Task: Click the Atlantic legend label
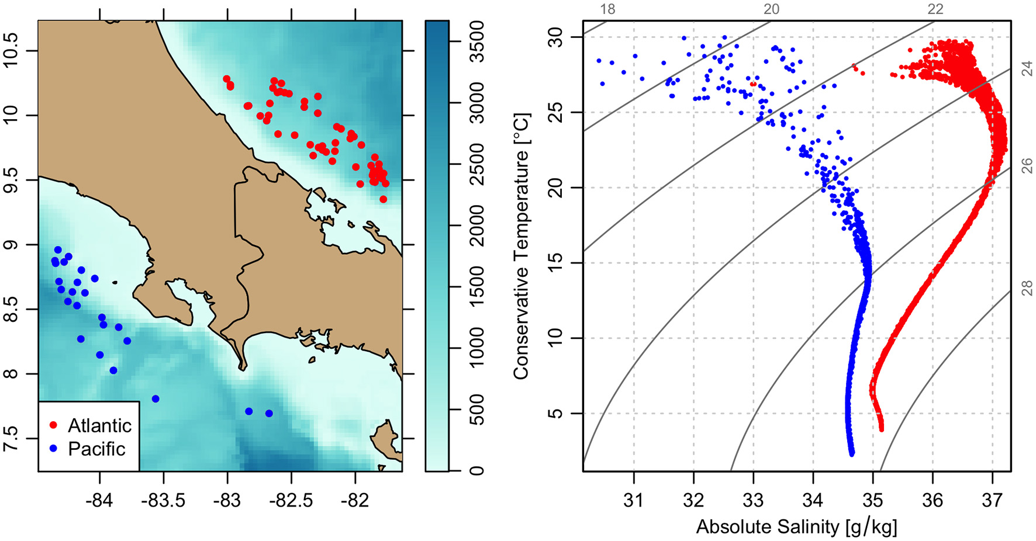pyautogui.click(x=99, y=425)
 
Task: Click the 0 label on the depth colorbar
pyautogui.click(x=477, y=470)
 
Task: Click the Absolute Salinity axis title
pyautogui.click(x=796, y=527)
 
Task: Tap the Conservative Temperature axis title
pyautogui.click(x=520, y=246)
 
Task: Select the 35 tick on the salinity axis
pyautogui.click(x=873, y=501)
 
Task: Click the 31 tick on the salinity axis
pyautogui.click(x=634, y=501)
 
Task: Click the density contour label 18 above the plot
pyautogui.click(x=607, y=9)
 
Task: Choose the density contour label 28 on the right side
pyautogui.click(x=1027, y=287)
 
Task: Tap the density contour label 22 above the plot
pyautogui.click(x=935, y=9)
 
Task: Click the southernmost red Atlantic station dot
pyautogui.click(x=384, y=199)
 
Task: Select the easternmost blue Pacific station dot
pyautogui.click(x=269, y=413)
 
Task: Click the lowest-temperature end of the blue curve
pyautogui.click(x=851, y=453)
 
